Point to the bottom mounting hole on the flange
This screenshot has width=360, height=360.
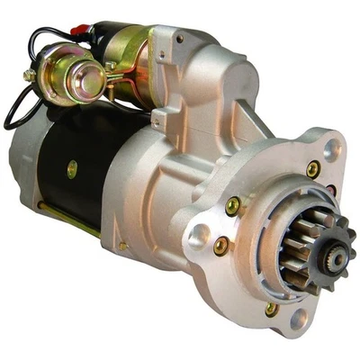coord(298,319)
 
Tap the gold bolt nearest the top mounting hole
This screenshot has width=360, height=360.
coord(312,168)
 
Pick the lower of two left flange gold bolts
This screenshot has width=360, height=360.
coord(221,244)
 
